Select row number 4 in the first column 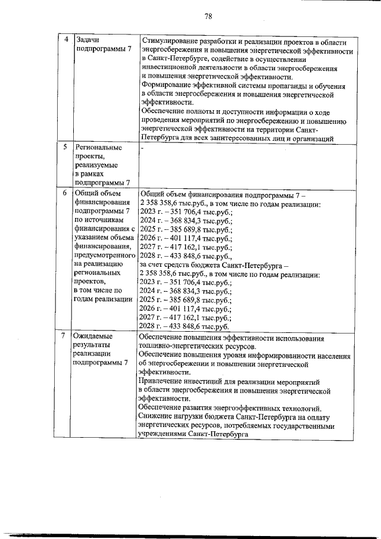tap(66, 39)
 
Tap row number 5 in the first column tap(66, 147)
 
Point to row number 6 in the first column tap(66, 193)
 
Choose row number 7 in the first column tap(66, 337)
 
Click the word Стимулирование tap(173, 42)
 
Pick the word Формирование tap(167, 86)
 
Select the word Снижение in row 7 tap(157, 417)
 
